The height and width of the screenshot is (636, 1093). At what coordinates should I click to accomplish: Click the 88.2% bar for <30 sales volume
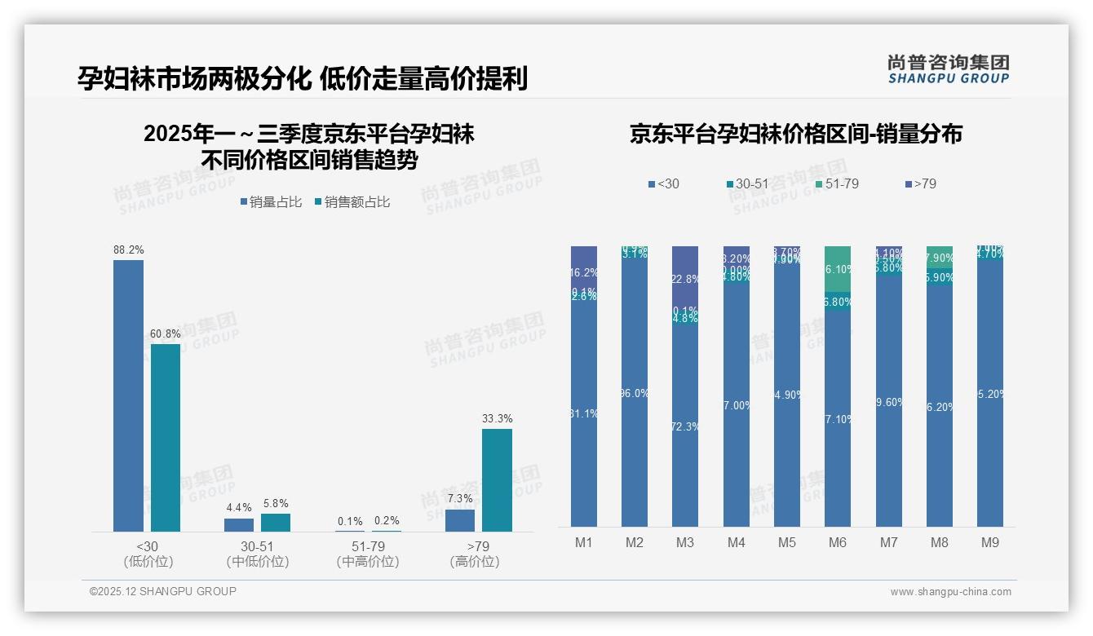[128, 395]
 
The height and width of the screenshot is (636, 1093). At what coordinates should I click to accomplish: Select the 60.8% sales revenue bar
[166, 438]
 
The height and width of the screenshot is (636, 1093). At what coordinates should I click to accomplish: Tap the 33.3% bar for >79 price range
[497, 480]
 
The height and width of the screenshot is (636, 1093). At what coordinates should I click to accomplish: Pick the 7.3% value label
[460, 498]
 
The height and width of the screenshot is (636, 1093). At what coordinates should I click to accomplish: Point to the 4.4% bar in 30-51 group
[239, 525]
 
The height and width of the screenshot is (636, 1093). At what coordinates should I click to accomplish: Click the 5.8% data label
[276, 503]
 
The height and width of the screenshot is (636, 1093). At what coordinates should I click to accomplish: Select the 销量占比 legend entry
[271, 202]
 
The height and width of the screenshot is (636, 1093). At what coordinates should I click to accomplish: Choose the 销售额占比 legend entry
[352, 202]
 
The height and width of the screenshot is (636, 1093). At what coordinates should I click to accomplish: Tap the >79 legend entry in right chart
[921, 184]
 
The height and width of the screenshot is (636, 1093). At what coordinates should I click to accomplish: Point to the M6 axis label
[838, 542]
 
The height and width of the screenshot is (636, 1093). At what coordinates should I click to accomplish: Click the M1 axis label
[583, 542]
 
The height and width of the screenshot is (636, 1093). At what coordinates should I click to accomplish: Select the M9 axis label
[989, 542]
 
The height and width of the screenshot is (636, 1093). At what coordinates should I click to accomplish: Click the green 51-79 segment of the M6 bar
[838, 268]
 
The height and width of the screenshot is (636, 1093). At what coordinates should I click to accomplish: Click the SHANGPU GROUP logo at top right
[948, 69]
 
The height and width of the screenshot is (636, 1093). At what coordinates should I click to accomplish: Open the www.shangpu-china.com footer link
[950, 592]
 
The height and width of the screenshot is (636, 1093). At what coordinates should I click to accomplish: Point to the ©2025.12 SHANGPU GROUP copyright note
[163, 591]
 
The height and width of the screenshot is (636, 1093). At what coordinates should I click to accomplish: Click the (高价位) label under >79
[474, 562]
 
